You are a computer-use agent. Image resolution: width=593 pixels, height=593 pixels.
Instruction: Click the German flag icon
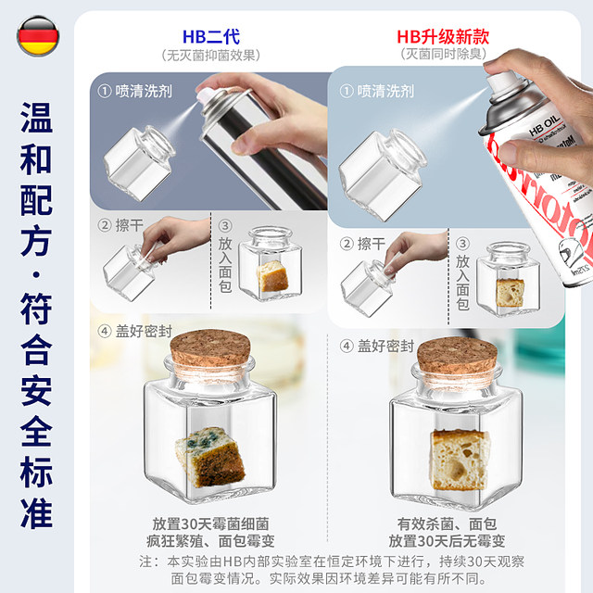pos(34,36)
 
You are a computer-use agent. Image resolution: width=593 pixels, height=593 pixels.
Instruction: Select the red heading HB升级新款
pos(443,36)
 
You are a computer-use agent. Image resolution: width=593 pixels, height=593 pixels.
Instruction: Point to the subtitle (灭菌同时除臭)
pos(443,56)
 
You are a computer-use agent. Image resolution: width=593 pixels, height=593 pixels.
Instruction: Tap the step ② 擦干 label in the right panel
pos(364,244)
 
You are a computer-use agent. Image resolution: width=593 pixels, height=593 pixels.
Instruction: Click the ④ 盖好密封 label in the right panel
pos(380,346)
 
